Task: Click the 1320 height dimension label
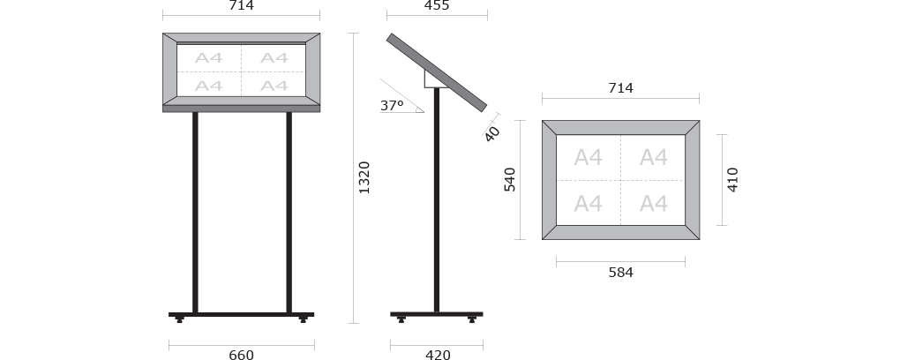364,177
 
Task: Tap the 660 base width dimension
241,354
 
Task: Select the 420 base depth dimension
438,354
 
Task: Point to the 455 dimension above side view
437,6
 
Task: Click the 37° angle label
392,106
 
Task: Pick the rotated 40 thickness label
492,134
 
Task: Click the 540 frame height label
510,180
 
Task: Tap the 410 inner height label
732,180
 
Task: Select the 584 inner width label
620,272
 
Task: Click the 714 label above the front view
241,6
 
